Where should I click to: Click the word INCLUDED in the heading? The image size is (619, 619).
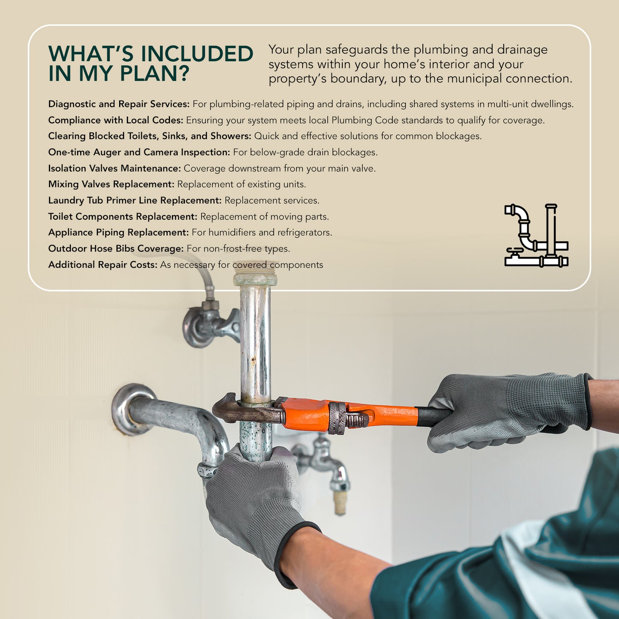pyautogui.click(x=197, y=54)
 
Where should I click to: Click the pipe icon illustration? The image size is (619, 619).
pyautogui.click(x=536, y=236)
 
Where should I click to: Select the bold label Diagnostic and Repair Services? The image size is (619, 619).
pyautogui.click(x=119, y=104)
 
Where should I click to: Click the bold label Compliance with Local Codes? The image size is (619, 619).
pyautogui.click(x=115, y=120)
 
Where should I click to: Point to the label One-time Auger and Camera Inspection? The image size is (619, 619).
pyautogui.click(x=139, y=153)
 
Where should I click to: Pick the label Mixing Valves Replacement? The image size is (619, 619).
pyautogui.click(x=111, y=184)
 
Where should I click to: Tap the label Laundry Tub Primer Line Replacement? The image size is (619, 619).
pyautogui.click(x=135, y=200)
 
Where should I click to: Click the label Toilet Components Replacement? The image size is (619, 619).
pyautogui.click(x=123, y=217)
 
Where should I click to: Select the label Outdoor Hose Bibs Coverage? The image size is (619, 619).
pyautogui.click(x=116, y=249)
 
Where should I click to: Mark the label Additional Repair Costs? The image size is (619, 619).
pyautogui.click(x=103, y=265)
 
